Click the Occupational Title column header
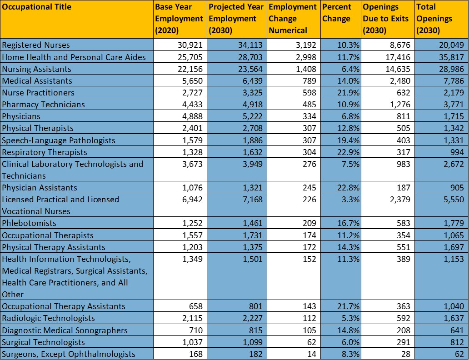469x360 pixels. coord(36,7)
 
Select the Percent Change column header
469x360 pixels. coord(336,13)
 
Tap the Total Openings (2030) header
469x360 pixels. coord(434,19)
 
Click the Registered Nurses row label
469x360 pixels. coord(36,45)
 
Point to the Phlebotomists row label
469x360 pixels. coord(29,223)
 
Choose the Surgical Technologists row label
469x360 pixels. coord(43,342)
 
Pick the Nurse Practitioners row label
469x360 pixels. coord(38,92)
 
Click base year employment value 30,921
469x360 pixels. coord(190,45)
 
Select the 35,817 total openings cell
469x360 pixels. coord(451,57)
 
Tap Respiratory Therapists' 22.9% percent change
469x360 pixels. coord(348,152)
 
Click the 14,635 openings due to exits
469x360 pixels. coord(398,69)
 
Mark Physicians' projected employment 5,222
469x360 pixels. coord(252,116)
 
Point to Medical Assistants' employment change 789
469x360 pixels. coord(309,81)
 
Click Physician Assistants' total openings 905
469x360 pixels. coord(457,188)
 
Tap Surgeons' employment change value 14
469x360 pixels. coord(312,354)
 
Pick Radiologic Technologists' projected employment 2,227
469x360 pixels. coord(252,318)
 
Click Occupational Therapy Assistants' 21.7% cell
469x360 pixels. coord(348,306)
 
